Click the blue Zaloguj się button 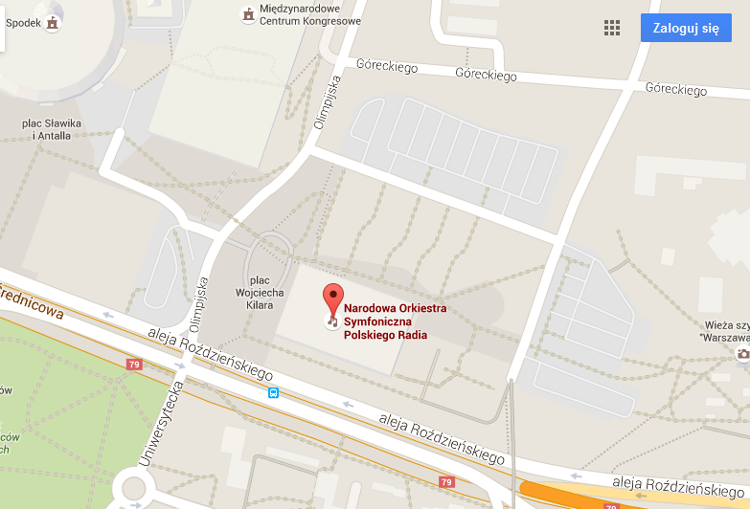pyautogui.click(x=686, y=28)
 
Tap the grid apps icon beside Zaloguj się pyautogui.click(x=612, y=28)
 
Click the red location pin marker pyautogui.click(x=332, y=300)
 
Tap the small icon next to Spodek pyautogui.click(x=52, y=21)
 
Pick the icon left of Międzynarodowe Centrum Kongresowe pyautogui.click(x=248, y=14)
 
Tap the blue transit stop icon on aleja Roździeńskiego pyautogui.click(x=274, y=392)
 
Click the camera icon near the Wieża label pyautogui.click(x=742, y=354)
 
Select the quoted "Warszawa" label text pyautogui.click(x=723, y=338)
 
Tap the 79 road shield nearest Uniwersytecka pyautogui.click(x=134, y=364)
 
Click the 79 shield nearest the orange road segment pyautogui.click(x=446, y=482)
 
